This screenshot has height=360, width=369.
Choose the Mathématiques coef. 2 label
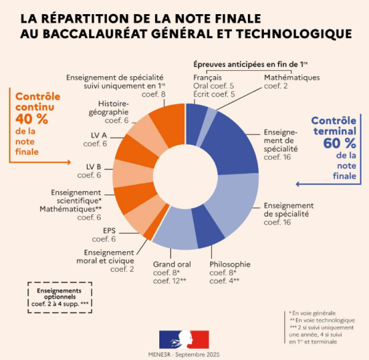292,77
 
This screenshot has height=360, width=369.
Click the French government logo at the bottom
184,338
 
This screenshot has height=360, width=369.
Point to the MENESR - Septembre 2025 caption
184,355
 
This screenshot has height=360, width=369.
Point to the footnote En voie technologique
323,319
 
